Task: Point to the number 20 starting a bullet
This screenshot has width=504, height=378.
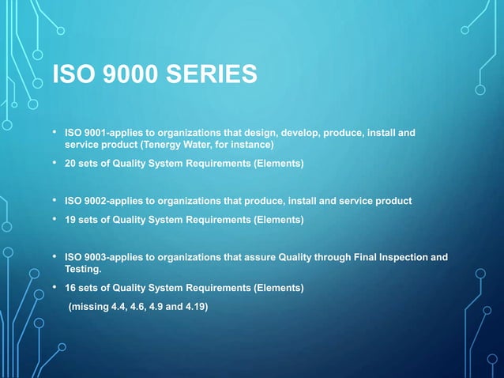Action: click(x=70, y=164)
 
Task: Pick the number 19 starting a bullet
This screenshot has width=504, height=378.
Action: click(x=70, y=219)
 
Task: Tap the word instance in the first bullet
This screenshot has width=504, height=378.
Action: click(x=250, y=146)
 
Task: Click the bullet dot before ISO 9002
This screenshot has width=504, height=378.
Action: click(x=54, y=201)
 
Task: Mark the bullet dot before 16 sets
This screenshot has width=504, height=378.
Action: click(x=54, y=288)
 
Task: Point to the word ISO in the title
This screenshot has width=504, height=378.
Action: click(x=69, y=75)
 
